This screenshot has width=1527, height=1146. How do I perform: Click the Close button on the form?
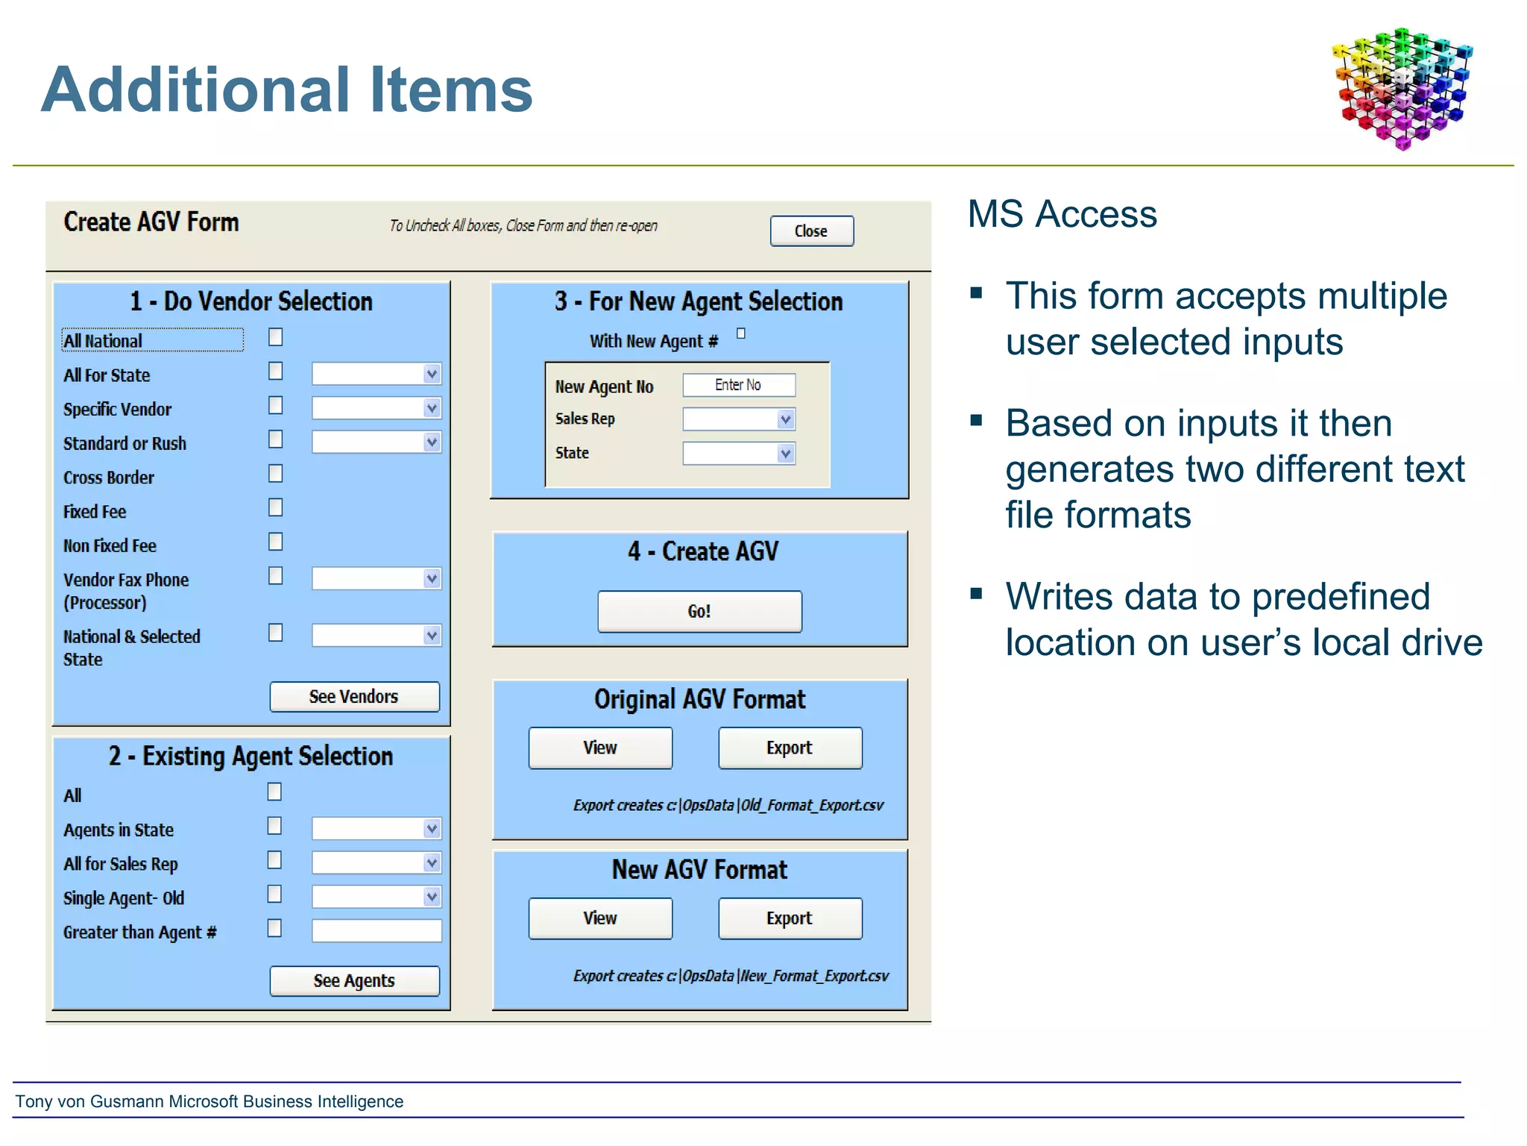(x=811, y=231)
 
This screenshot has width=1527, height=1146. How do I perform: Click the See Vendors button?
(x=354, y=697)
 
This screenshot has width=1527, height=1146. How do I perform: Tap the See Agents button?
(x=354, y=981)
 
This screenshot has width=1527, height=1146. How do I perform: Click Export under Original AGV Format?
(x=790, y=748)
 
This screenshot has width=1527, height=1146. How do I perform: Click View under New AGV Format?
(x=600, y=918)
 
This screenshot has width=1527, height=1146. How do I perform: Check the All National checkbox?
(x=276, y=338)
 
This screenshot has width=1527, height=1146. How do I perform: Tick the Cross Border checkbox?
(x=276, y=474)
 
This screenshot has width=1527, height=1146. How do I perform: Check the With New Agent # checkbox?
(x=741, y=334)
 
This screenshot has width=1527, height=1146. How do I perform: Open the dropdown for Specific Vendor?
(x=432, y=408)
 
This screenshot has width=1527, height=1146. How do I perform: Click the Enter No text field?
(x=738, y=385)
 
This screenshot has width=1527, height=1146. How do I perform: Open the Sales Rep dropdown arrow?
(x=785, y=419)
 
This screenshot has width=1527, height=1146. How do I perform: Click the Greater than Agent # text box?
(x=377, y=930)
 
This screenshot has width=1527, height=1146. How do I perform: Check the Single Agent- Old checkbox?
(x=275, y=894)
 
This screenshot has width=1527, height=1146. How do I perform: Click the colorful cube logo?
(x=1402, y=88)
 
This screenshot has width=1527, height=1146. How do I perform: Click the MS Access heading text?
(x=1062, y=215)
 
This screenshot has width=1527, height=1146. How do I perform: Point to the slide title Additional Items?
(x=287, y=90)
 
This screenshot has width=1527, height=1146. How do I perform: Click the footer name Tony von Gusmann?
(x=89, y=1102)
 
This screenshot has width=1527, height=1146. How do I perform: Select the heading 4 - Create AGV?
(x=702, y=552)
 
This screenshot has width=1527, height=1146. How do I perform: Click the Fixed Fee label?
(x=95, y=513)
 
